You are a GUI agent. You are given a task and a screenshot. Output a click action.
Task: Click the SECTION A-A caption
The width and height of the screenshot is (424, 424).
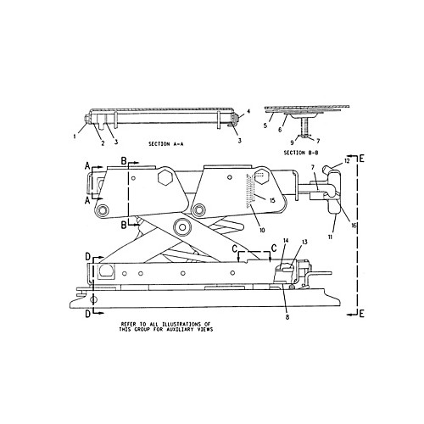point(166,144)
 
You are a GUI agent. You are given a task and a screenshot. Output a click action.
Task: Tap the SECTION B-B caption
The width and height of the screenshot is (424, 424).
point(301,153)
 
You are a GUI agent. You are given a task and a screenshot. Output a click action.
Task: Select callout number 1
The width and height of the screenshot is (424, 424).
point(75,137)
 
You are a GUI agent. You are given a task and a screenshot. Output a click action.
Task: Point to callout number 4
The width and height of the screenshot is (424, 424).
point(248,111)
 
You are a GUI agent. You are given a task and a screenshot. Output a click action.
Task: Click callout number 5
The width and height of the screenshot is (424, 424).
point(265,126)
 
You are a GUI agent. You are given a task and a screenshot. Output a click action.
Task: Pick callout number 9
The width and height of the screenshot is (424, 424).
point(293,142)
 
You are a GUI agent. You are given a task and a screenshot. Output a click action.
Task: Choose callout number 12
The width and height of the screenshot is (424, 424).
point(347,161)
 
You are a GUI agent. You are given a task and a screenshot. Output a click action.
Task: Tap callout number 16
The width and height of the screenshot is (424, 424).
point(354,226)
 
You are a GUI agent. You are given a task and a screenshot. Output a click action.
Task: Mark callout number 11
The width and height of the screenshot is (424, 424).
point(330,237)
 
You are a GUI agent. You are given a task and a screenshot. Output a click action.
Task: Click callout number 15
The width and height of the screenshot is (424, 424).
point(272,200)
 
